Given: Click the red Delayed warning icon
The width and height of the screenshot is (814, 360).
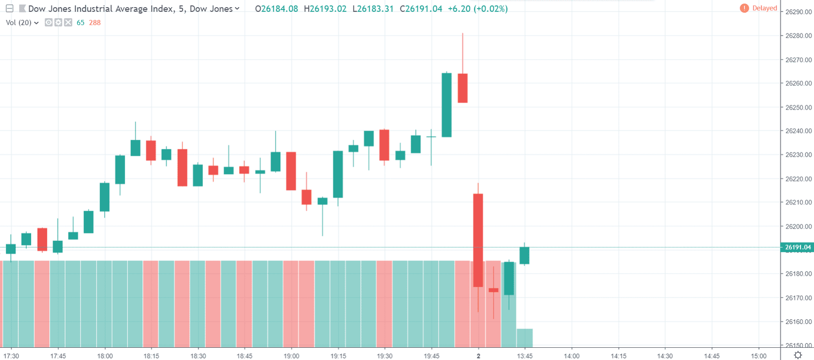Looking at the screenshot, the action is [x=744, y=8].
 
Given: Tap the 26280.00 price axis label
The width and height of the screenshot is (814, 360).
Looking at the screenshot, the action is [x=798, y=36].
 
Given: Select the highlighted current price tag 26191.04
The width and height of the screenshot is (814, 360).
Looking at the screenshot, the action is [x=798, y=248].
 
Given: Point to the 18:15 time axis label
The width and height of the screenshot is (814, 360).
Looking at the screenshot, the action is [x=151, y=356].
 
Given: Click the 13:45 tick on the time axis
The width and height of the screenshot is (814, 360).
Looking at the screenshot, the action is [x=525, y=356].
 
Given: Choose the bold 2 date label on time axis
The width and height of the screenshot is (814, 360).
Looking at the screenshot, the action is [x=478, y=356].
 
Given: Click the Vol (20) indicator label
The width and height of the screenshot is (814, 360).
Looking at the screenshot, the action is [x=19, y=22].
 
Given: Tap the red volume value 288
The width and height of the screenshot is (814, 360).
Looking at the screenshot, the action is [x=95, y=22].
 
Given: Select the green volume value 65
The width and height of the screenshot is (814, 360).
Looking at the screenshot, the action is [x=80, y=22].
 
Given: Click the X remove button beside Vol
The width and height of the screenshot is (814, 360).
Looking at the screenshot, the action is [x=68, y=22].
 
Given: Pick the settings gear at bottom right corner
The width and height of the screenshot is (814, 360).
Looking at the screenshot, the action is [x=798, y=355].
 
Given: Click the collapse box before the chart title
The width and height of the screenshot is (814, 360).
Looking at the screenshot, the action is [x=10, y=8].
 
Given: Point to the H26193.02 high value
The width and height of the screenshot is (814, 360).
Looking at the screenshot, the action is [x=325, y=9].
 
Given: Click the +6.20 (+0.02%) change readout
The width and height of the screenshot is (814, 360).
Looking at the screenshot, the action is [x=478, y=9].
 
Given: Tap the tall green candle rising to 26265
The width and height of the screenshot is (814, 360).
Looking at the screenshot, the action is [x=447, y=105].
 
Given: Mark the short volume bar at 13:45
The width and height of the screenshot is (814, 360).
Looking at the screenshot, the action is [x=525, y=338].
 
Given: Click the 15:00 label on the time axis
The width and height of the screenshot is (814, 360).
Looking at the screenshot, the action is [x=759, y=356].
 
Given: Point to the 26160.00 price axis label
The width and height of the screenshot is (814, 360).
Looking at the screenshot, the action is [x=798, y=321].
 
